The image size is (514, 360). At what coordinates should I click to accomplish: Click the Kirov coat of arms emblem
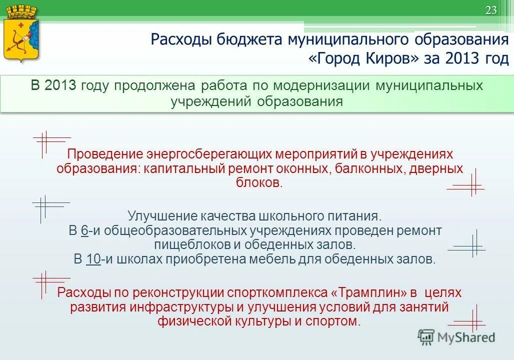(x=21, y=34)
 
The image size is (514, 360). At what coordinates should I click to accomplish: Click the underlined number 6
(x=84, y=230)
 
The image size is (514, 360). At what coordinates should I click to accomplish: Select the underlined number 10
(x=93, y=259)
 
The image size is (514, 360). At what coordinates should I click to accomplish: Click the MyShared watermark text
(x=466, y=337)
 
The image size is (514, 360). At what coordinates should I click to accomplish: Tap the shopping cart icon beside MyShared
(x=426, y=337)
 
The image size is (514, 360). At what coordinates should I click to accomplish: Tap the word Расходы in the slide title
(x=181, y=39)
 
